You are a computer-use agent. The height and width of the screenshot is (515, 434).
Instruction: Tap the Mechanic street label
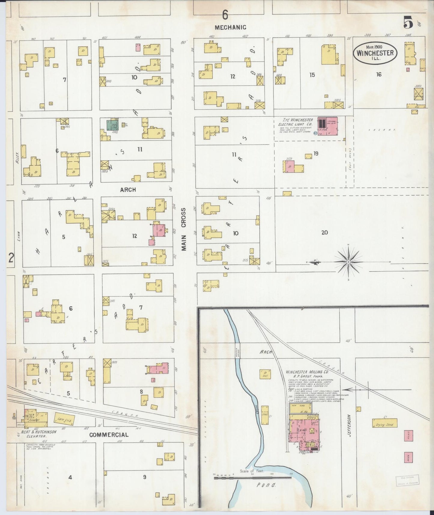click(230, 27)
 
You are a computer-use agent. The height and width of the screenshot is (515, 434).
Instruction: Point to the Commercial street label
click(109, 434)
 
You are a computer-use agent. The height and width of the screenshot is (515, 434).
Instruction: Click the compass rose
click(348, 262)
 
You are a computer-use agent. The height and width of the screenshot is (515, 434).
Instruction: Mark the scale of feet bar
click(252, 477)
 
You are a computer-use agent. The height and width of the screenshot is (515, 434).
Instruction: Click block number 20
click(324, 232)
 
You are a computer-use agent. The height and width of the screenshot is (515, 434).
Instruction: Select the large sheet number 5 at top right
click(408, 22)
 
